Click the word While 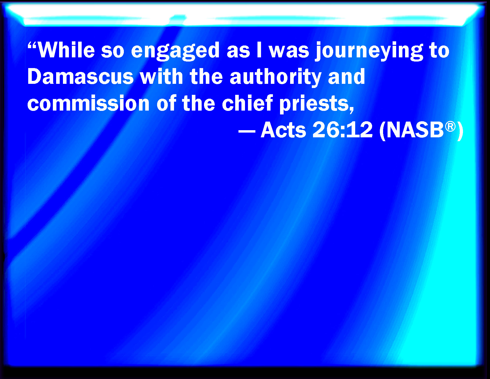pyautogui.click(x=66, y=50)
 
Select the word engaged pyautogui.click(x=175, y=51)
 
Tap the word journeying pyautogui.click(x=369, y=51)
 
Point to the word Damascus pyautogui.click(x=80, y=76)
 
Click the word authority pyautogui.click(x=275, y=78)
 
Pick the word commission pyautogui.click(x=88, y=103)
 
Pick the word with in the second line pyautogui.click(x=161, y=76)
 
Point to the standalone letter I pyautogui.click(x=259, y=50)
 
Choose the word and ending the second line pyautogui.click(x=346, y=76)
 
